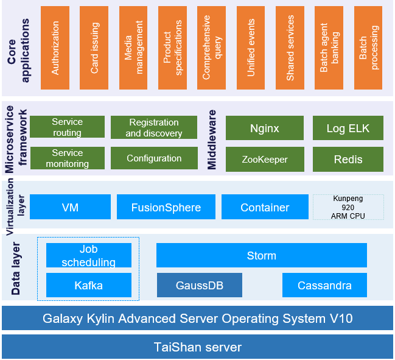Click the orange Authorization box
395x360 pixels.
55,48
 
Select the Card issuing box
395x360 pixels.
94,48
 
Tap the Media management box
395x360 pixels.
133,48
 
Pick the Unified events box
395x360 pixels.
251,48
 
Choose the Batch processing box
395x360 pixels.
368,48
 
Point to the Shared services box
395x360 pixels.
290,48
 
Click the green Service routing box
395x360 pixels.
67,127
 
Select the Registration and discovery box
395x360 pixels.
154,127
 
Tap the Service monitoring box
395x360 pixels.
67,158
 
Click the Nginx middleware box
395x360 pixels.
264,128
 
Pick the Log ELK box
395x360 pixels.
348,128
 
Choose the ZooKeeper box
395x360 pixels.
264,159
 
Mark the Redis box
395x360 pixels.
348,159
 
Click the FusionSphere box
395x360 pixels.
166,207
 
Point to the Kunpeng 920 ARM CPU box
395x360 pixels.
348,207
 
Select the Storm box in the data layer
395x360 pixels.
261,255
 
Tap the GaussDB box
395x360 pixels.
199,285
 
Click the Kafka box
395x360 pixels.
88,285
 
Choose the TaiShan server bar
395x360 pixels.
197,347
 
